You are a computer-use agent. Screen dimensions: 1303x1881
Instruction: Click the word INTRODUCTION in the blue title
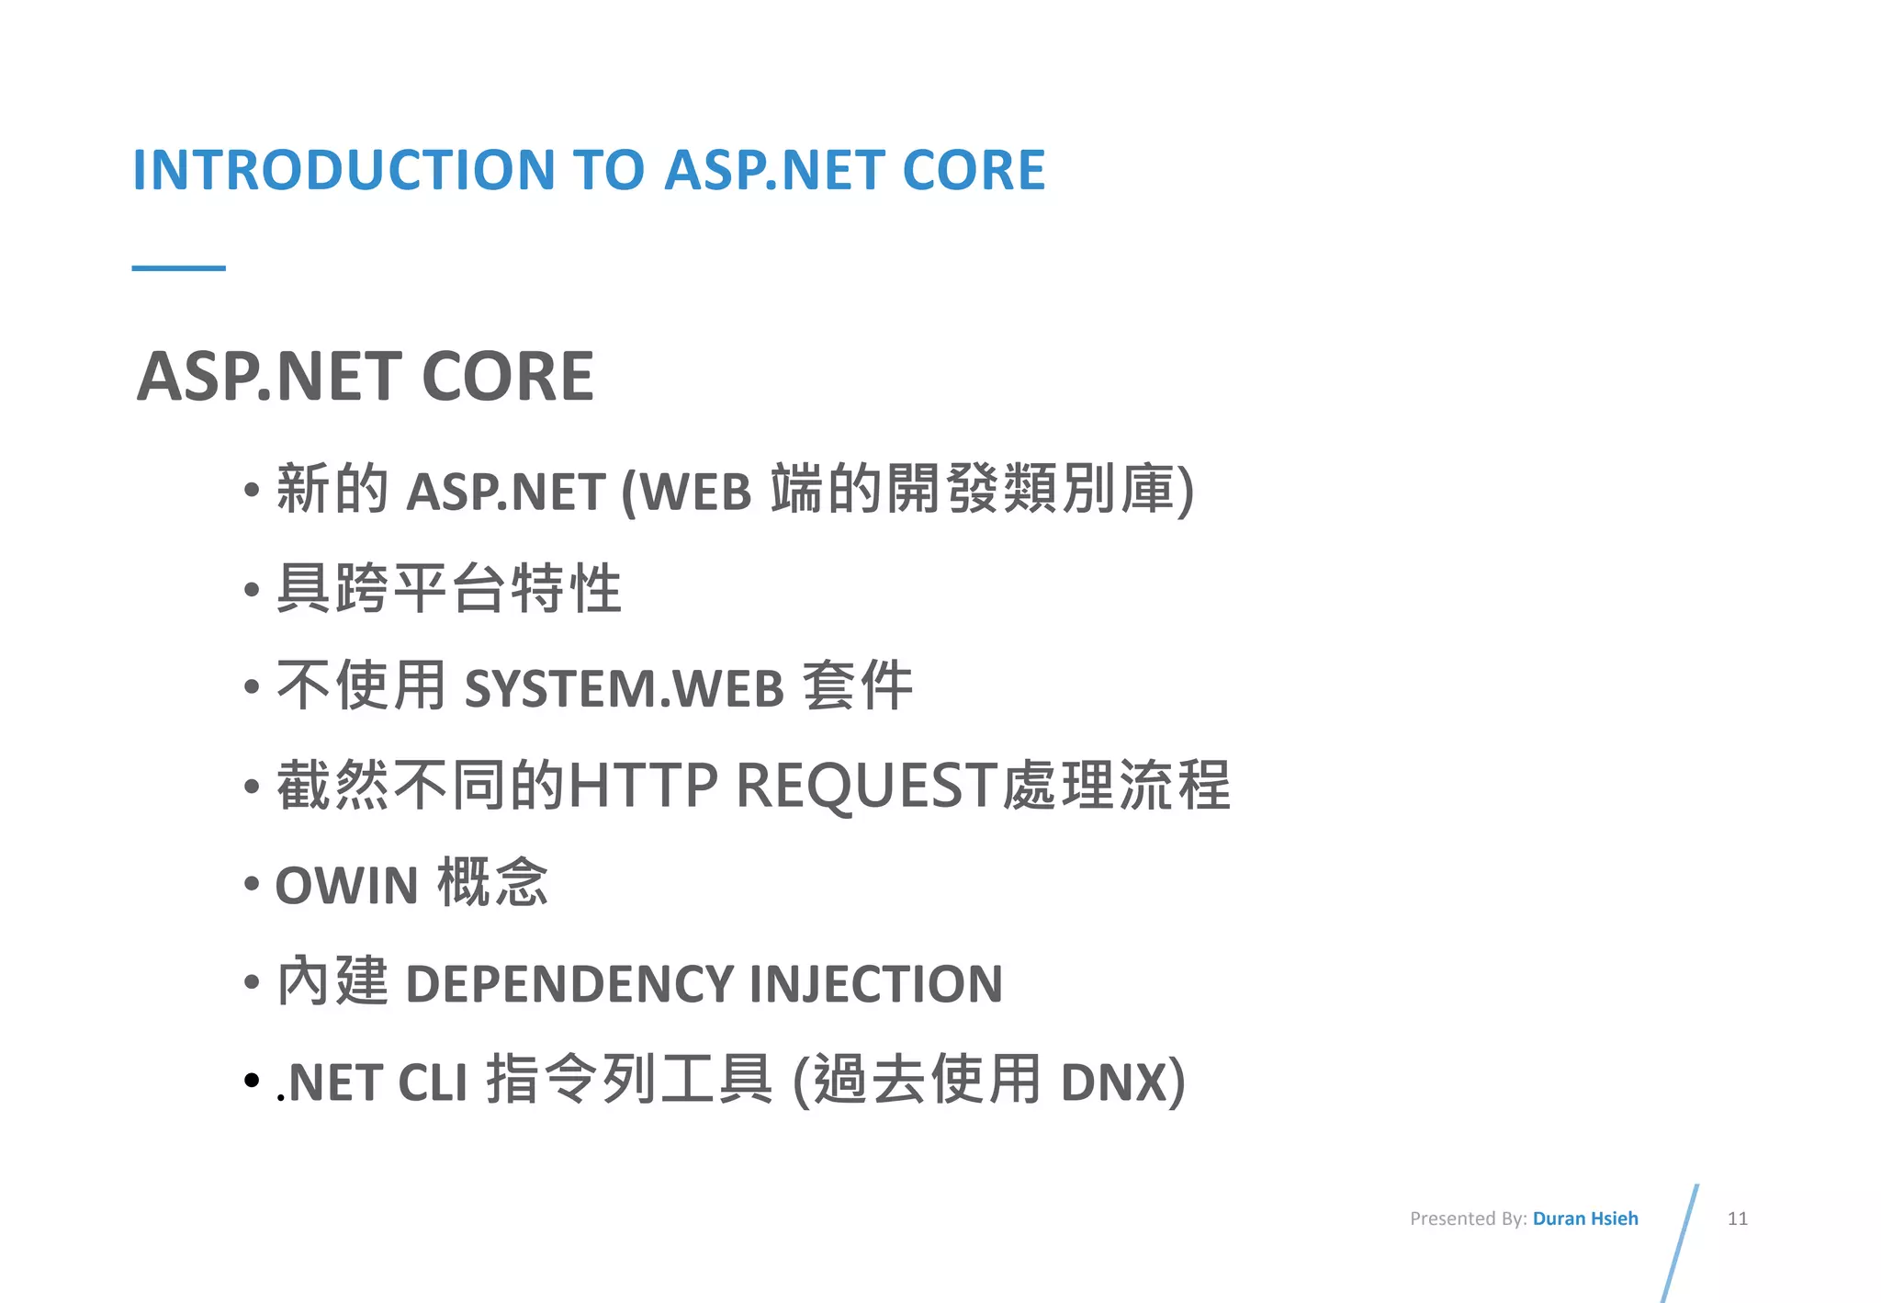point(344,170)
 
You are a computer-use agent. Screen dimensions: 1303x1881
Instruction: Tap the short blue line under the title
point(178,268)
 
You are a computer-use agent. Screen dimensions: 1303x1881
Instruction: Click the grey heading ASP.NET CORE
point(366,377)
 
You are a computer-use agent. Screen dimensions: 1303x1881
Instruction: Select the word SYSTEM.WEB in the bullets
point(625,688)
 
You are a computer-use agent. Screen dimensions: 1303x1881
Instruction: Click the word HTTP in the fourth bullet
point(643,787)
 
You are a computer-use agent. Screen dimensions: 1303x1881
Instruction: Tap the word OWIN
point(347,886)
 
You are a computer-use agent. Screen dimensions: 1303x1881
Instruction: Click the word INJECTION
point(876,984)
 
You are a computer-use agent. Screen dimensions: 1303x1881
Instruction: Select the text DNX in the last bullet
point(1113,1082)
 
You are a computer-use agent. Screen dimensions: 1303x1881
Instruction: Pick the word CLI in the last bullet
point(433,1082)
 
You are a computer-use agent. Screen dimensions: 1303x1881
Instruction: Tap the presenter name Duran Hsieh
point(1585,1218)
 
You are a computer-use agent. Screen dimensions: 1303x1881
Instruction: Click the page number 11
point(1737,1218)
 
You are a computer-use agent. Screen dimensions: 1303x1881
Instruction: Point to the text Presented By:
point(1468,1218)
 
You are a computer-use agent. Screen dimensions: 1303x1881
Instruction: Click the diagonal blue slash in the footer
point(1681,1241)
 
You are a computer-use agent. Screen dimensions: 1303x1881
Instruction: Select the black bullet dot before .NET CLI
point(252,1081)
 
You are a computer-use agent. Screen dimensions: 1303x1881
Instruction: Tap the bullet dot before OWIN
point(252,884)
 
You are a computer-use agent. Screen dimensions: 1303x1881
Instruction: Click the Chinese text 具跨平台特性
point(449,589)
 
